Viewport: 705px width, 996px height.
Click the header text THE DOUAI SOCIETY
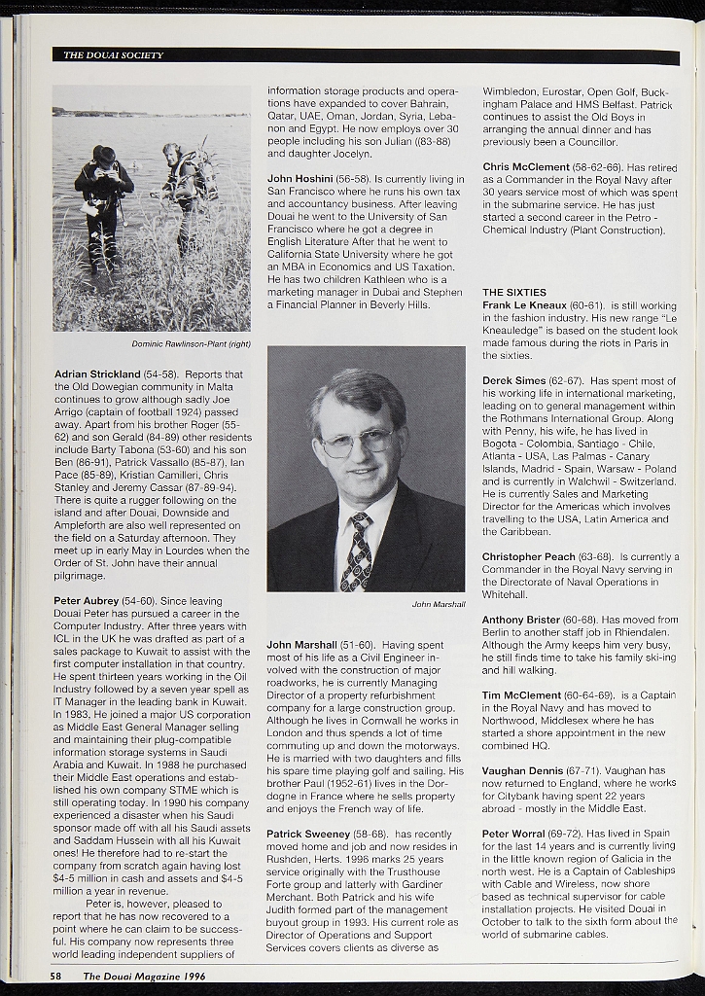tap(113, 55)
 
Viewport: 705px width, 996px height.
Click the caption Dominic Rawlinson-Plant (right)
tap(191, 343)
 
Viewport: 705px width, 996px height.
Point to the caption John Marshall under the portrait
tap(438, 604)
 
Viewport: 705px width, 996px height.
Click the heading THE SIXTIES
tap(514, 292)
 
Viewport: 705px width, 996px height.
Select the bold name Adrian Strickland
tap(97, 373)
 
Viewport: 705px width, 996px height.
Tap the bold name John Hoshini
tap(300, 179)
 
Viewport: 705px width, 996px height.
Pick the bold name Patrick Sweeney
tap(308, 834)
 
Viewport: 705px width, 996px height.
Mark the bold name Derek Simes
tap(514, 380)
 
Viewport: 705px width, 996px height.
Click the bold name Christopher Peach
tap(529, 556)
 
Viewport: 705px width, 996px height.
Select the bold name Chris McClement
tap(526, 166)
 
